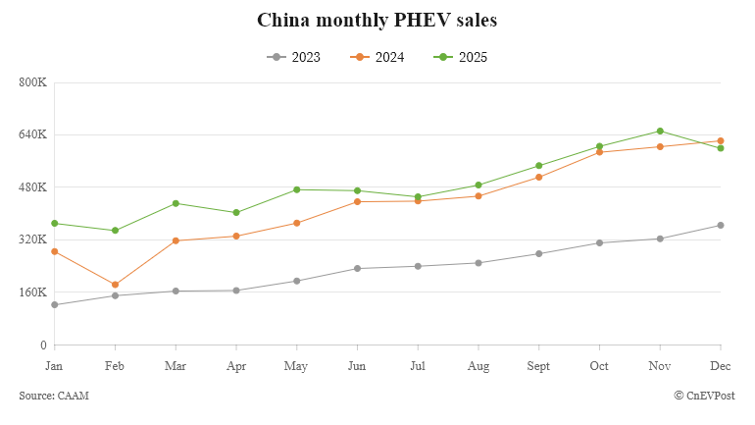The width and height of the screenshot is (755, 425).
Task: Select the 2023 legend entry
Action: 293,57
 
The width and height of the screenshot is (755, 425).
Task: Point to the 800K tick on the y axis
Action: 33,81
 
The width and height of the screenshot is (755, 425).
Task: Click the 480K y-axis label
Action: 33,186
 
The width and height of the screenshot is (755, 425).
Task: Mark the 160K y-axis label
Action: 33,292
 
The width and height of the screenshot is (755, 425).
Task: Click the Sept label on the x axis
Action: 538,366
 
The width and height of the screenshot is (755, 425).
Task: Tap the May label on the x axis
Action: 296,366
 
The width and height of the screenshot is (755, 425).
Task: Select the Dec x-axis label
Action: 721,366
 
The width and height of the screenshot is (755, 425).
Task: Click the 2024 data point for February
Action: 116,285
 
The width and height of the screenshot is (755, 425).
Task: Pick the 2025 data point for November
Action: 660,131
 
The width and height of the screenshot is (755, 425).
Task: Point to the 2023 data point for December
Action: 721,226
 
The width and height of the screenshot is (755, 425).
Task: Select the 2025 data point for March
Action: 176,203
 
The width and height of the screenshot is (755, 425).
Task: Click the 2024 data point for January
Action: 55,251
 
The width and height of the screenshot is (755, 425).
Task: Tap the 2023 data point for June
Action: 357,268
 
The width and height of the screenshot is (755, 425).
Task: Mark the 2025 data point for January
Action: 55,223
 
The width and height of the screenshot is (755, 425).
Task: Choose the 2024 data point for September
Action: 538,177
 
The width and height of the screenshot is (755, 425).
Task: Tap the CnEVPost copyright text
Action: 704,396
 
